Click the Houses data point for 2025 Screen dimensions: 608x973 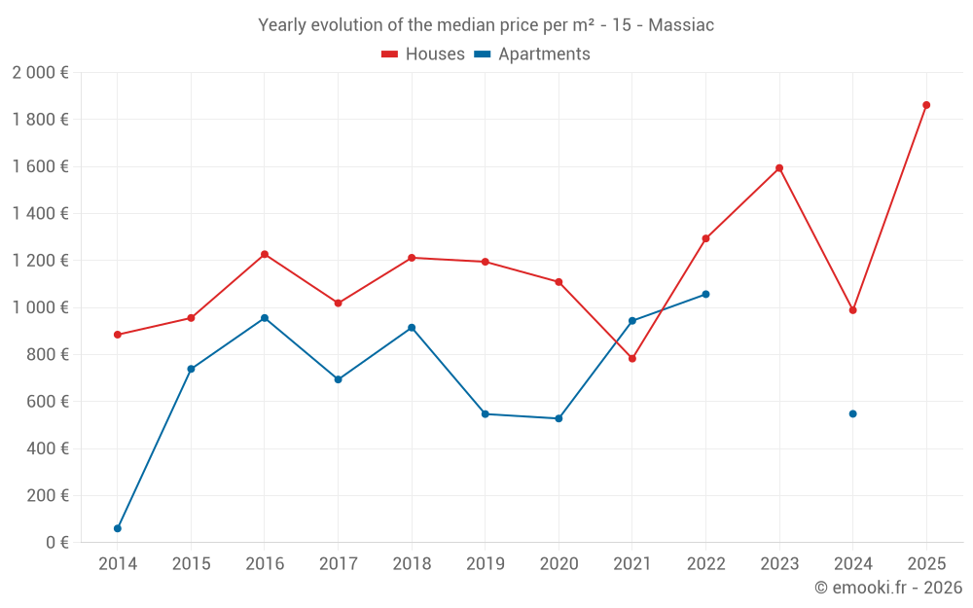(x=926, y=105)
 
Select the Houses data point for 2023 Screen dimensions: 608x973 (x=779, y=168)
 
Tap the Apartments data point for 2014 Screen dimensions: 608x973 (x=118, y=528)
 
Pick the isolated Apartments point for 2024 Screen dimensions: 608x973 (x=852, y=413)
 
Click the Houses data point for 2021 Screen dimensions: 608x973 (x=632, y=359)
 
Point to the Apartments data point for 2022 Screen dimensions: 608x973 (x=705, y=294)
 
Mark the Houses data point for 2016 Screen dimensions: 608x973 (x=265, y=254)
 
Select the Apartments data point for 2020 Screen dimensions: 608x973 (x=559, y=418)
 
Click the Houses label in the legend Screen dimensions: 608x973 (x=435, y=54)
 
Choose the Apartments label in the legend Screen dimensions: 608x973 (x=544, y=54)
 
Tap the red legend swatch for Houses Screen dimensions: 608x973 (x=389, y=54)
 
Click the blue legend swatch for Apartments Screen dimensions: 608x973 (x=482, y=54)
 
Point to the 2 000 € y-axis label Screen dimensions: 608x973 (x=40, y=73)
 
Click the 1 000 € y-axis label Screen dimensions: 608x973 (x=40, y=307)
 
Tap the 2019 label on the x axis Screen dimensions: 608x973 (x=485, y=563)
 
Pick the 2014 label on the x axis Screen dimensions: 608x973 (x=118, y=563)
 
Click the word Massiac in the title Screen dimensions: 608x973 (x=681, y=25)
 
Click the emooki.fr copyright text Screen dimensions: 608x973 (x=887, y=588)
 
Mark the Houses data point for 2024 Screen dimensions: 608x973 (x=852, y=310)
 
